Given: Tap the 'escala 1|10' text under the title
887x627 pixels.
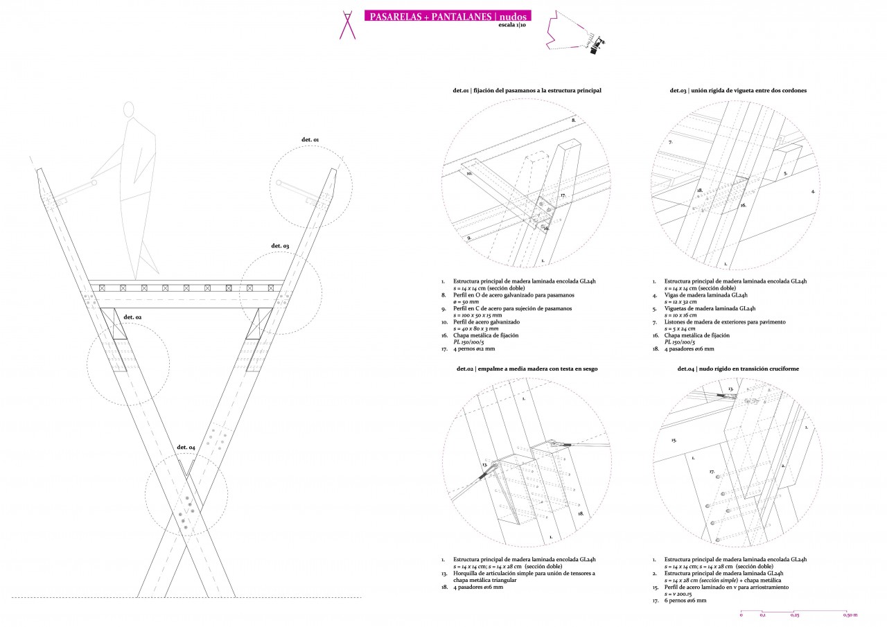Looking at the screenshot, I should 512,26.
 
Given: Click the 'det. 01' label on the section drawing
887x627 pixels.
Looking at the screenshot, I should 310,140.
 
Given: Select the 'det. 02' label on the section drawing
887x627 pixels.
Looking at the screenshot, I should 132,317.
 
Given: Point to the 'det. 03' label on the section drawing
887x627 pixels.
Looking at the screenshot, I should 280,246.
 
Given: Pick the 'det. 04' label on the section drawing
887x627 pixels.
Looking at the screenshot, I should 186,447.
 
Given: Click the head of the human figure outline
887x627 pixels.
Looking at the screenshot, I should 128,110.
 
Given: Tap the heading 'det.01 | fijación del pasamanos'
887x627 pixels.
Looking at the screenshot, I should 527,91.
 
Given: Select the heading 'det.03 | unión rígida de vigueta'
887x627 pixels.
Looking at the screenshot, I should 738,91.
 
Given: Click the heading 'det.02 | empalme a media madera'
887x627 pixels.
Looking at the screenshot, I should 527,369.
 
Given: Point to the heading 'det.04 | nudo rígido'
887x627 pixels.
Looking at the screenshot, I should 738,369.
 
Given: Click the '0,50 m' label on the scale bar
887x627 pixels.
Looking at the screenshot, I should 850,615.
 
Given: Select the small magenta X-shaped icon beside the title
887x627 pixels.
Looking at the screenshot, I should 346,24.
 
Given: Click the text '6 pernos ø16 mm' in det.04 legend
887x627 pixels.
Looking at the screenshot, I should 685,601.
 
